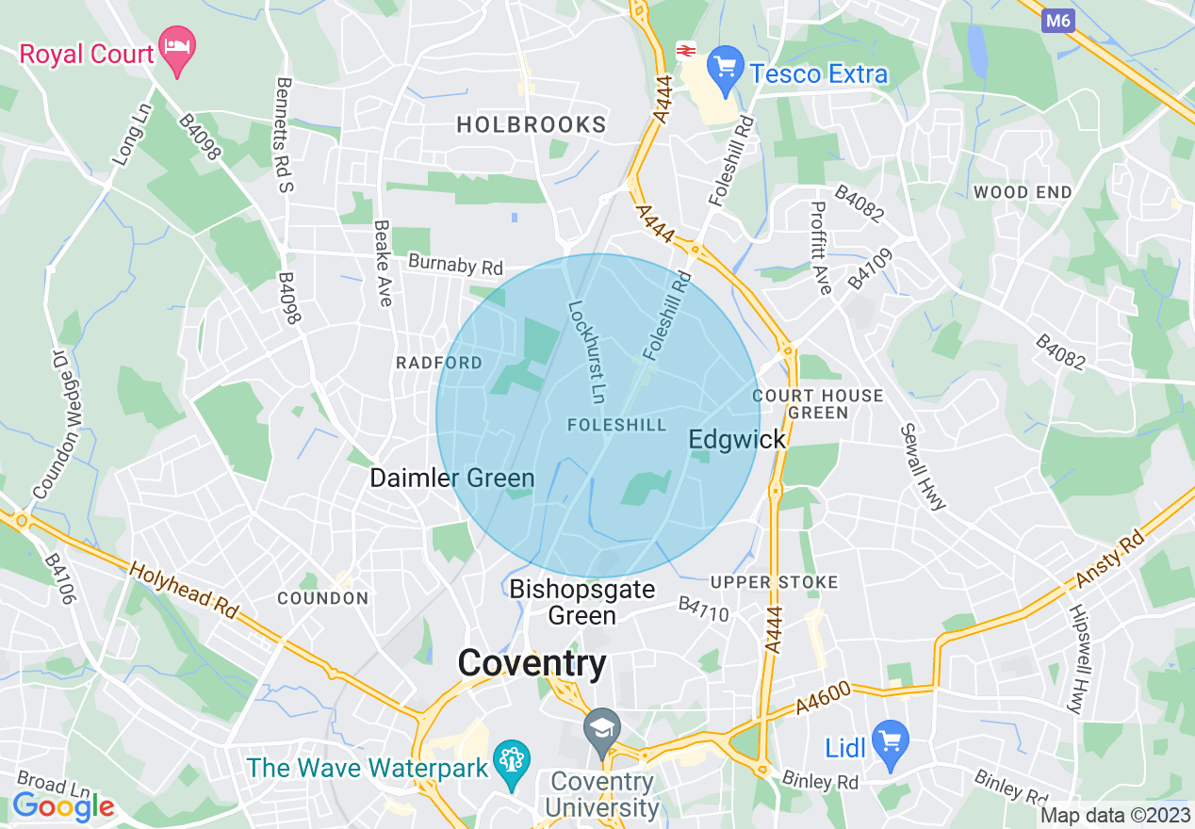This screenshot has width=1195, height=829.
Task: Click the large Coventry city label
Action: click(x=532, y=663)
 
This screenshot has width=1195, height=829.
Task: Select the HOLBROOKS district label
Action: click(x=532, y=124)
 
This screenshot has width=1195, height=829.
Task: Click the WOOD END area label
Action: click(x=1023, y=192)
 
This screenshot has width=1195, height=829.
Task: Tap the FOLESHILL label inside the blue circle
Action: click(x=617, y=426)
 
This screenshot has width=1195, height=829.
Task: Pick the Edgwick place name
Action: click(x=724, y=440)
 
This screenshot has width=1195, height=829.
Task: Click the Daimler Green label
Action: click(x=451, y=478)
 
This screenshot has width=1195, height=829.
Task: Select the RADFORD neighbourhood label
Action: click(x=438, y=363)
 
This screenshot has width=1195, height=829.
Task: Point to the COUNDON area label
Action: click(x=322, y=598)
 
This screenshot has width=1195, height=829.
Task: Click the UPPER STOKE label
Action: click(x=774, y=582)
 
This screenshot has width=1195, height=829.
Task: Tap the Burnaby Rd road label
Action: click(x=455, y=265)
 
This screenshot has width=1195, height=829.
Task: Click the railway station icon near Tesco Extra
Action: click(x=686, y=51)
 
